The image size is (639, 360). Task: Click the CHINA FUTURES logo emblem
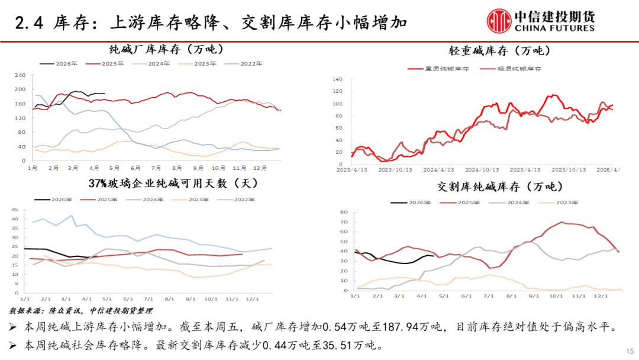[499, 20]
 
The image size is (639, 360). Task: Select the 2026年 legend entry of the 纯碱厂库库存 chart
[59, 63]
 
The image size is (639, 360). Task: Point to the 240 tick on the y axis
[20, 75]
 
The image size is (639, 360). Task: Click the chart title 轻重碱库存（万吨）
[484, 51]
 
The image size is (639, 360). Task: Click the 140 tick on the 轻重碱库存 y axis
[338, 79]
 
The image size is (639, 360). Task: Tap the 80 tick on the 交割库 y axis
[341, 212]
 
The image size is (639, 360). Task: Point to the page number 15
[629, 350]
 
